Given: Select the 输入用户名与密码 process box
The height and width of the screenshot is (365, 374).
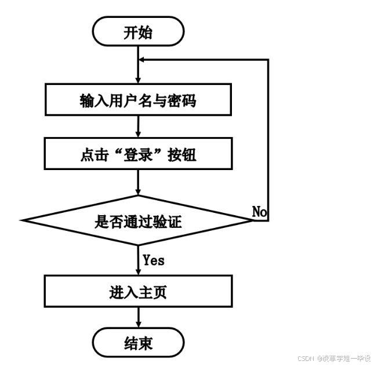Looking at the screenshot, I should coord(138,101).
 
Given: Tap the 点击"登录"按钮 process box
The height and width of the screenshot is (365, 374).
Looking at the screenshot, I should coord(138,154).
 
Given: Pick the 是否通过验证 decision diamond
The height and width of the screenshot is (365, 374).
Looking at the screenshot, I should coord(138,220).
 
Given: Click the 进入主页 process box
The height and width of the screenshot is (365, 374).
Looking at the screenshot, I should coord(138,292).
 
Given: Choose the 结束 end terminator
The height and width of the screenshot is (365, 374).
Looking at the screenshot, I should coord(138,344).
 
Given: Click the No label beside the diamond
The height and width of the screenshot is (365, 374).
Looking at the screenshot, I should coord(260,212).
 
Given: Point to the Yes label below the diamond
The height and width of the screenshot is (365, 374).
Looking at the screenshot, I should coord(153,260).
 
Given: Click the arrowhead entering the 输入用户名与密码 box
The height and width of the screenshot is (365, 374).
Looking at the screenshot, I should coord(138,82).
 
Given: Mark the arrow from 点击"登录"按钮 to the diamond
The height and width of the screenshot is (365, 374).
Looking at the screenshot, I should coord(138,182).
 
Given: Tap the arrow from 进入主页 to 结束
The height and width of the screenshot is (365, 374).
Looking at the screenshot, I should coord(138,317).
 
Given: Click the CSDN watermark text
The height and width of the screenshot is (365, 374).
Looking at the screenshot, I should coord(306,359).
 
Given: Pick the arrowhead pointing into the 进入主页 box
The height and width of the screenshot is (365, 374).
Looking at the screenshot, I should coord(138,272).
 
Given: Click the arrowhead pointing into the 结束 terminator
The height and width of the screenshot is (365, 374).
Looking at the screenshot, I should coord(138,326).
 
